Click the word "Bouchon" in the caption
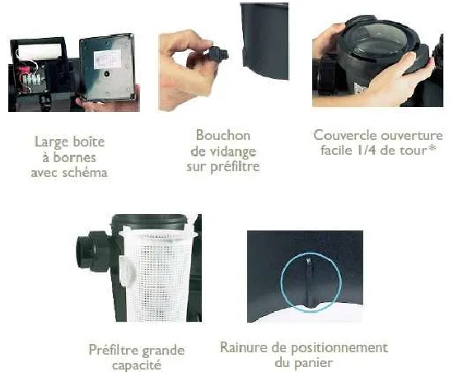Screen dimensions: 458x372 [x=223, y=135]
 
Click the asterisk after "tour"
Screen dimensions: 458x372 [x=432, y=149]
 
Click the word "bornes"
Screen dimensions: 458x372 [x=74, y=157]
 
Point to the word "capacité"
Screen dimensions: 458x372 [x=137, y=365]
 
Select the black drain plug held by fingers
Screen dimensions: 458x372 [x=217, y=54]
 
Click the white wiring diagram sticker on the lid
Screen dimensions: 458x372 [x=107, y=59]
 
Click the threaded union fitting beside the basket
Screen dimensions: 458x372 [x=93, y=248]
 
